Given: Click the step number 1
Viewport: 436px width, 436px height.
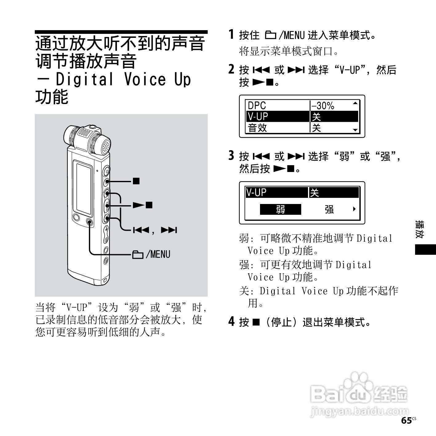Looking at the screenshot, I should pos(231,34).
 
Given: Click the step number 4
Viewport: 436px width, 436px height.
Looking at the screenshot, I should pos(231,322).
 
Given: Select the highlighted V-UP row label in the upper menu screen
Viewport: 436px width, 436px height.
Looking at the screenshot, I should pos(258,117).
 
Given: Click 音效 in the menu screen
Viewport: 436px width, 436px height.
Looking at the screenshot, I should pos(258,128).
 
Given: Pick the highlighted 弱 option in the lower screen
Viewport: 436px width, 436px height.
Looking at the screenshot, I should pos(280,210).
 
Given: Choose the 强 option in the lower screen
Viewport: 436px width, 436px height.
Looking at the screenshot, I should pos(329,210).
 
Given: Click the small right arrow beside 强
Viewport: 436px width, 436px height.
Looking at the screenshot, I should pos(354,209).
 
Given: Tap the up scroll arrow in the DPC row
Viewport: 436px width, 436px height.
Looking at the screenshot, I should pos(355,103).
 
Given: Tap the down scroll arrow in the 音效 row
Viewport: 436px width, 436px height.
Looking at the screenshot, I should pos(355,130).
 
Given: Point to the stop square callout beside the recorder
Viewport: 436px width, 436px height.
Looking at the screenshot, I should pos(136,181).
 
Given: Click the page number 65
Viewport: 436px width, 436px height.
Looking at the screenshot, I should pos(406,421).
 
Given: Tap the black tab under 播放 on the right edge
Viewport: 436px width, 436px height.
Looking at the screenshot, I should pos(425,250).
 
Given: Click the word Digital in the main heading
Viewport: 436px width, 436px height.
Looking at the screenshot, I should pos(84,79).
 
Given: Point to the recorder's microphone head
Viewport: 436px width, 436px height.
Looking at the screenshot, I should pos(88,139).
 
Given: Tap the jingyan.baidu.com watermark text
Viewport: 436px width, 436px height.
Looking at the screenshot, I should pos(359,411).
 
